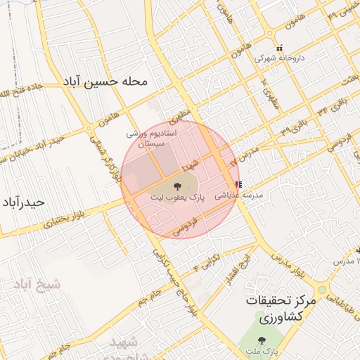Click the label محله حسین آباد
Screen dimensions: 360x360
pyautogui.click(x=105, y=82)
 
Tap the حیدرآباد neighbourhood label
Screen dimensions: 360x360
pyautogui.click(x=24, y=202)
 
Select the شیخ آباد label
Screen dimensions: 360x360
pyautogui.click(x=37, y=284)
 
